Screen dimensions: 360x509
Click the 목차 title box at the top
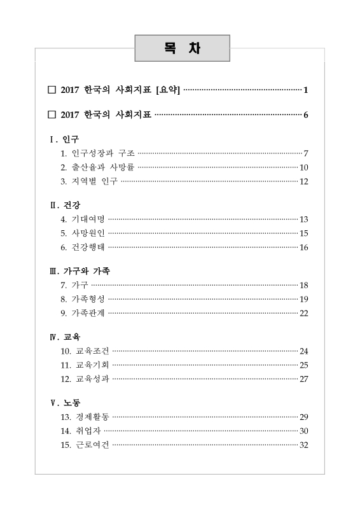[183, 48]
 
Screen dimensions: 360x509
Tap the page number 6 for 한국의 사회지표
[306, 115]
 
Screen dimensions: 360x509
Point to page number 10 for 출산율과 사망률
[304, 167]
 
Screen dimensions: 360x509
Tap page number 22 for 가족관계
[304, 313]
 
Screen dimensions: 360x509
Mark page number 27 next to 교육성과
[304, 379]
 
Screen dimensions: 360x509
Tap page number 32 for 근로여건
[304, 445]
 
